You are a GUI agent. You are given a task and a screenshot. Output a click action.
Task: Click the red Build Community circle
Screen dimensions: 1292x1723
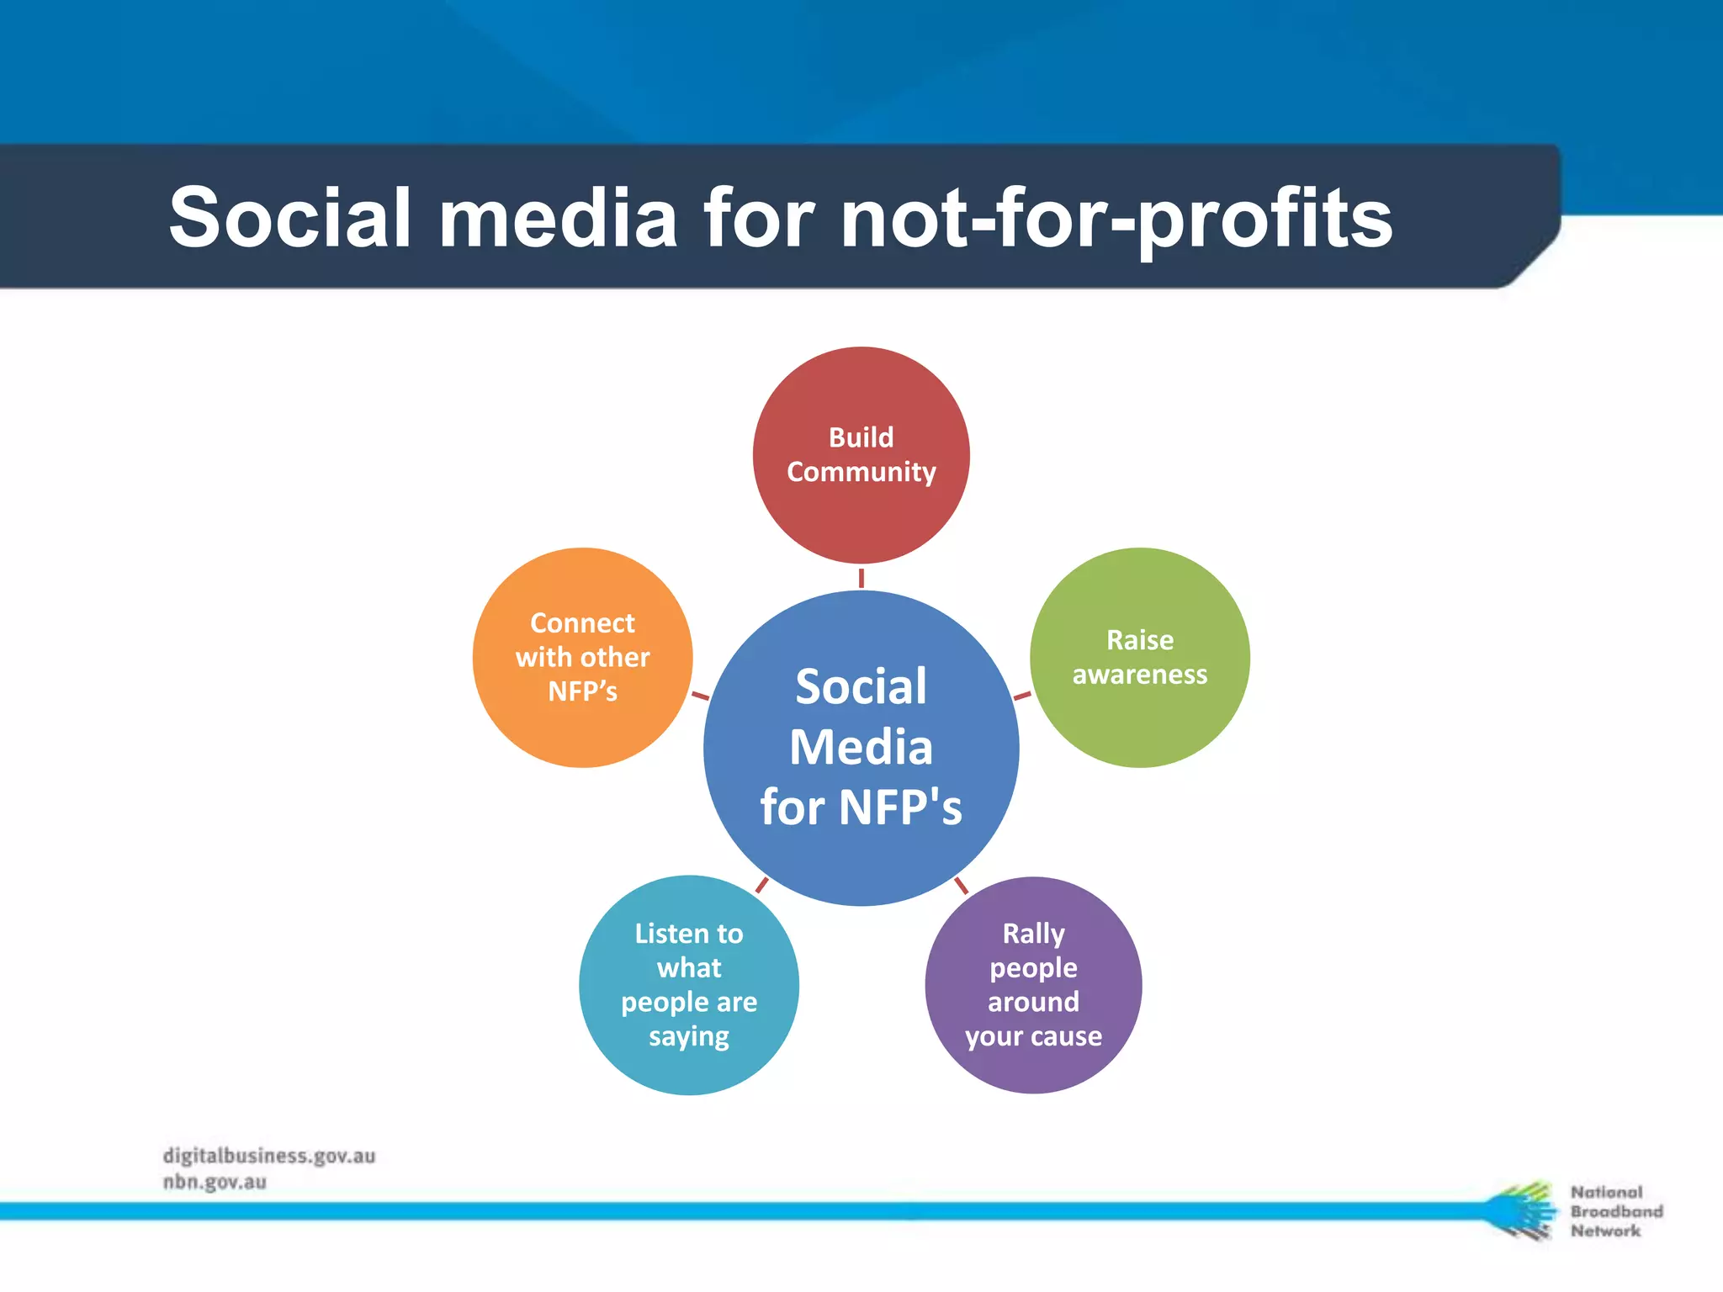click(861, 455)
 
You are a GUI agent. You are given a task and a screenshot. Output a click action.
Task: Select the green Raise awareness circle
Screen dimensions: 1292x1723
click(1139, 658)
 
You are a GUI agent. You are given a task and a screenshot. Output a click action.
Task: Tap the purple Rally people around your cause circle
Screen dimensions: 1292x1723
click(1033, 985)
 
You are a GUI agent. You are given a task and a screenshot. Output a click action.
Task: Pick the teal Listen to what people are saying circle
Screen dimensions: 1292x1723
click(689, 985)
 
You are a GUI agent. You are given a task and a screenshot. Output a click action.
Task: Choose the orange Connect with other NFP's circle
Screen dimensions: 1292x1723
click(582, 658)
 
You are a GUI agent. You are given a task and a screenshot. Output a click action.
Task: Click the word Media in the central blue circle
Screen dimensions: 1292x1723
click(861, 748)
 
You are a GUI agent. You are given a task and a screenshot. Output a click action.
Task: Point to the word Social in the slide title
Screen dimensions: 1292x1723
click(289, 218)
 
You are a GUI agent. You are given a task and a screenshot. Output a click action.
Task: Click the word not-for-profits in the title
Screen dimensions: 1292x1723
click(1116, 220)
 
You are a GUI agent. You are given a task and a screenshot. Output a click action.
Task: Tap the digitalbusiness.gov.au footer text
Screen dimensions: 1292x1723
click(269, 1156)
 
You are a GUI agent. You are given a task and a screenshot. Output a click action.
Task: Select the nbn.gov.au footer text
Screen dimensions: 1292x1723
click(215, 1182)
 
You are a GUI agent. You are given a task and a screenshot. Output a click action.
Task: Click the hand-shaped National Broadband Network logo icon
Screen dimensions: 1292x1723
click(1521, 1210)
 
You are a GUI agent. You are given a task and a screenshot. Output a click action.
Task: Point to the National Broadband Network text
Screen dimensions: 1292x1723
click(1615, 1211)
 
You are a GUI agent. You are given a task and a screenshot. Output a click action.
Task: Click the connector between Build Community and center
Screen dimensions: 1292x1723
click(861, 578)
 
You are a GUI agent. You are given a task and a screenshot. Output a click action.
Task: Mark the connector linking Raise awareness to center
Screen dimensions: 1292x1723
click(1022, 696)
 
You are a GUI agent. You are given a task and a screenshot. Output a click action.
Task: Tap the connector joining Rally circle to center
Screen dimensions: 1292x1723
click(961, 885)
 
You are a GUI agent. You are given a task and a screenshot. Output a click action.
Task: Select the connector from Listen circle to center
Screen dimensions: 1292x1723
click(761, 885)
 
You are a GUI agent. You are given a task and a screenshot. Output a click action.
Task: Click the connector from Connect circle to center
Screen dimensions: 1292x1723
click(700, 696)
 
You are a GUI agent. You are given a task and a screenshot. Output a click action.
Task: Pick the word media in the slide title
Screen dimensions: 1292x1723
click(558, 218)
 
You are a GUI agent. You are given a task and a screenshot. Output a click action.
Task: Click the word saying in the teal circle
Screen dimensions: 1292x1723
click(689, 1037)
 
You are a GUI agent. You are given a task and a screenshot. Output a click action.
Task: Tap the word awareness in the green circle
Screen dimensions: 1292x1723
click(1139, 675)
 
